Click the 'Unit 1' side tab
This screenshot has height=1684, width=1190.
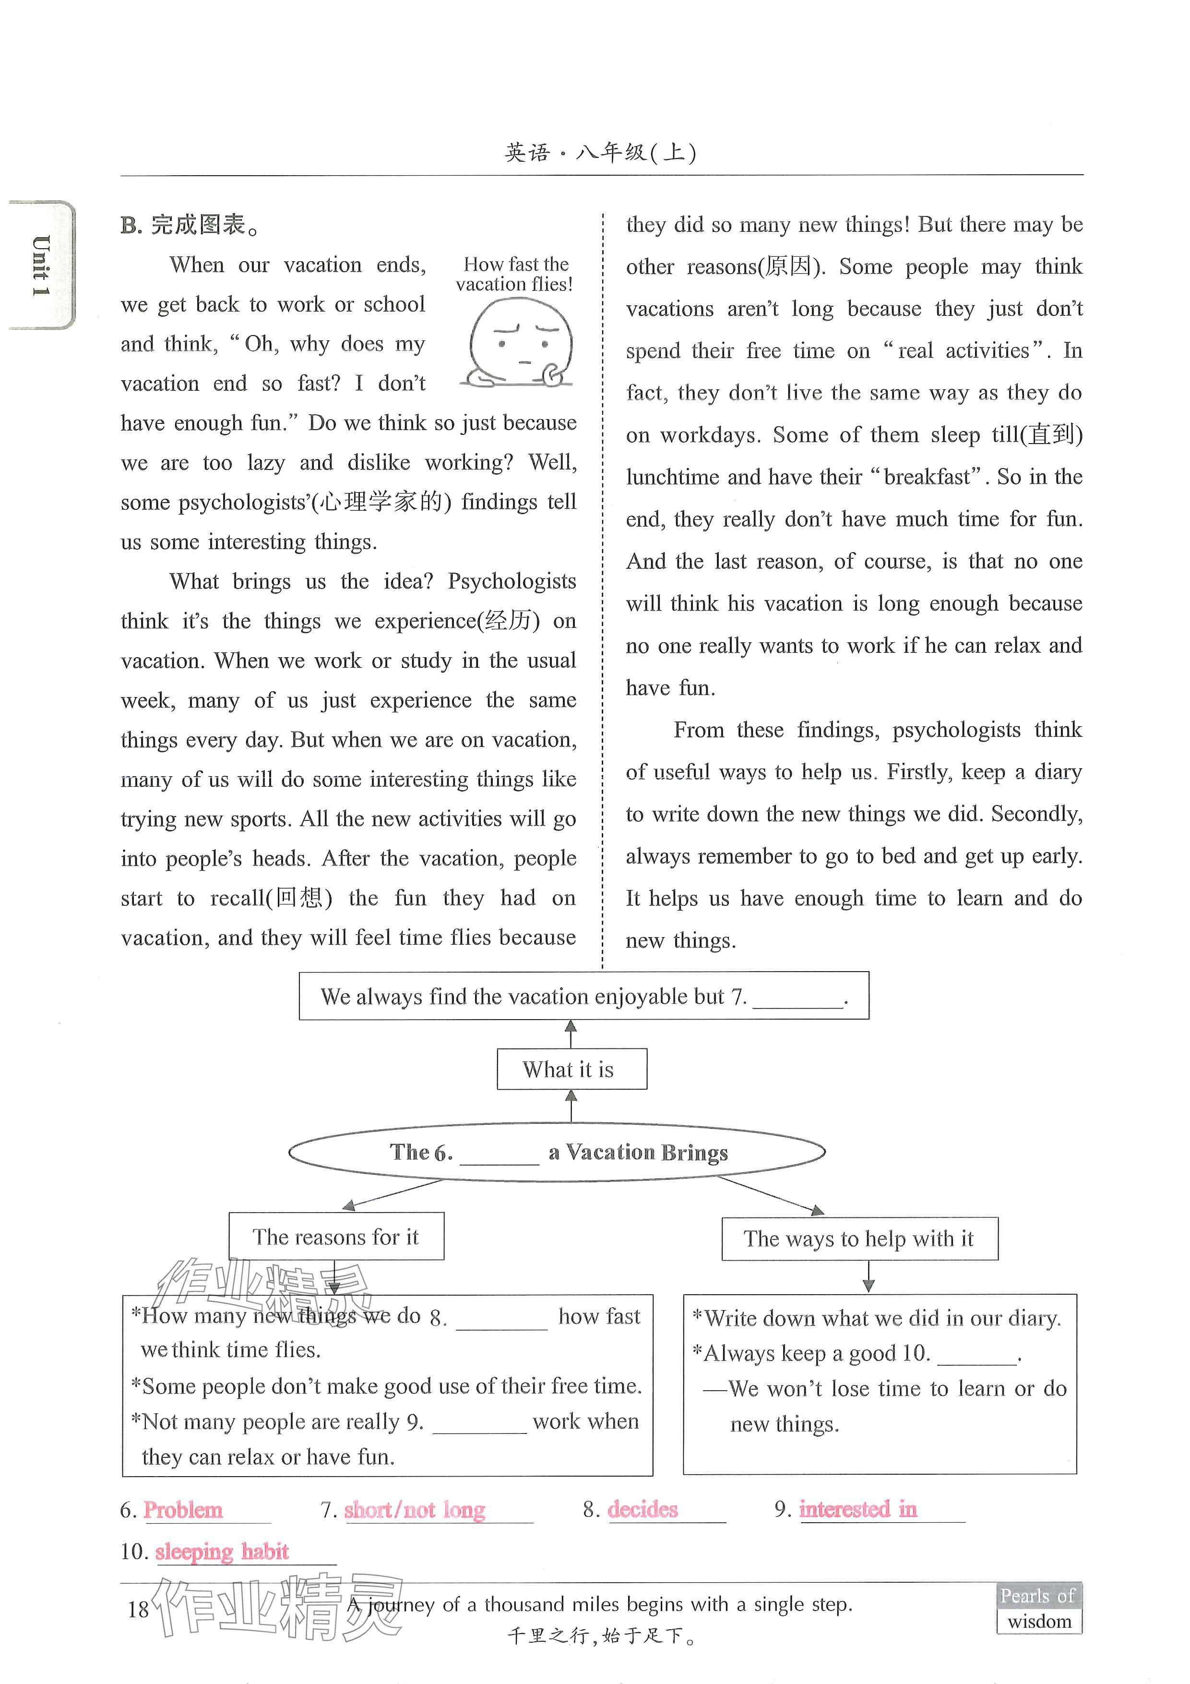tap(41, 265)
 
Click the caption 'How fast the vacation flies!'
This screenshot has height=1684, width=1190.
tap(515, 274)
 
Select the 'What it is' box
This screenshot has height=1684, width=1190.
tap(571, 1070)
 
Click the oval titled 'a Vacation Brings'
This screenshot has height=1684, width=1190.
tap(557, 1152)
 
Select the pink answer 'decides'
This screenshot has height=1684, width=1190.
tap(643, 1509)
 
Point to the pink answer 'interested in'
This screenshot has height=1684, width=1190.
tap(857, 1509)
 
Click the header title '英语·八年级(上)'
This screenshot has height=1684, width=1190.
tap(600, 153)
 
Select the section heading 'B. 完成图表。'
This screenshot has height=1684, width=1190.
tap(190, 225)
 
